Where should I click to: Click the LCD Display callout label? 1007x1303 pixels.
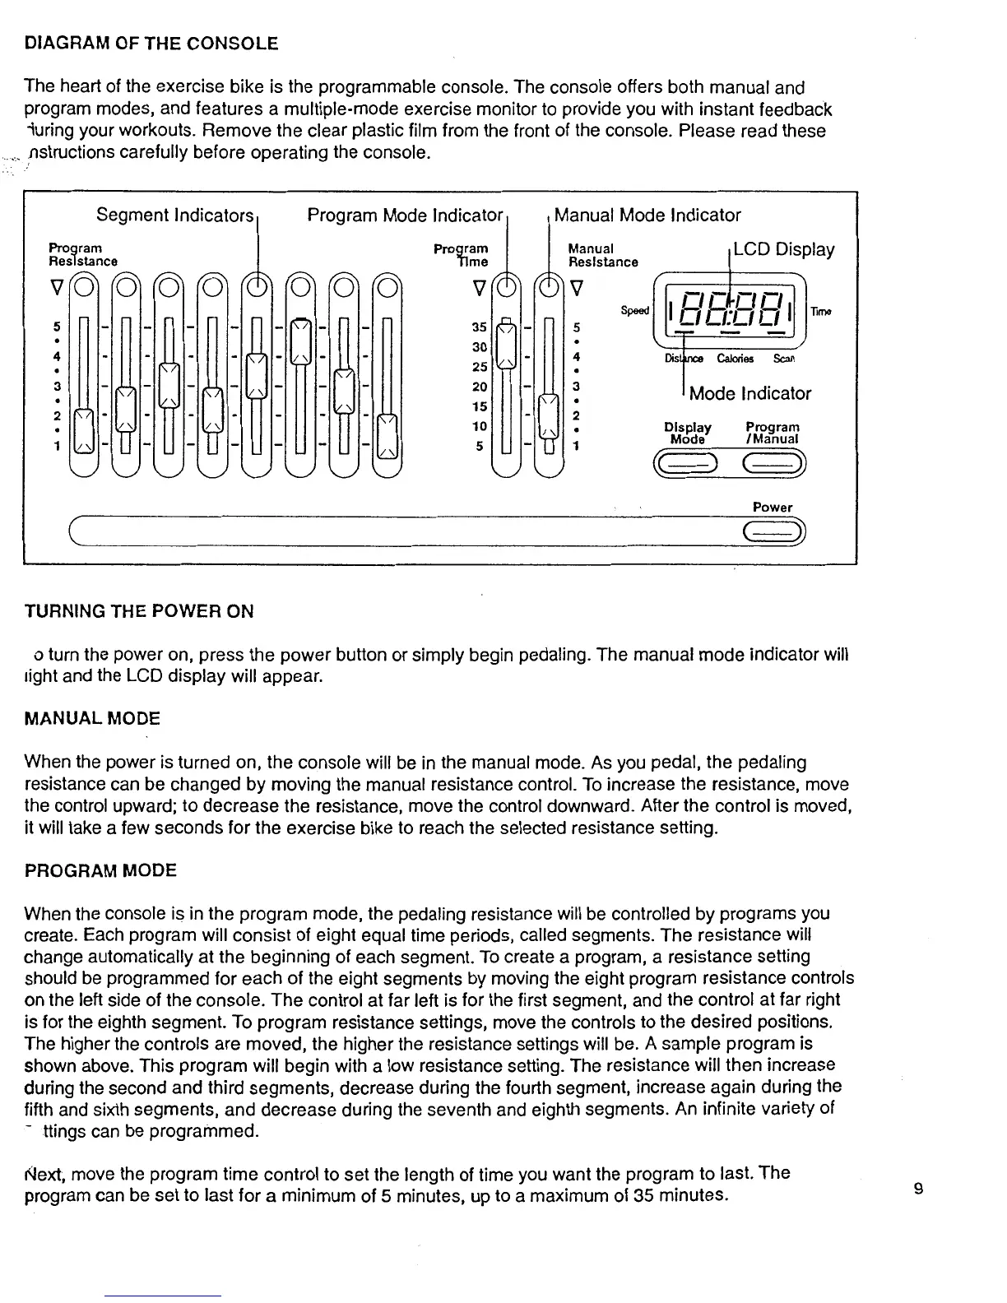pos(783,249)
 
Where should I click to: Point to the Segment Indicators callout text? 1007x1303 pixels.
pos(174,216)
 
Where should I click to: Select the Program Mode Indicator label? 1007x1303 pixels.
pos(404,216)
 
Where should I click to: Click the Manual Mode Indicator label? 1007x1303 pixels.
pos(647,216)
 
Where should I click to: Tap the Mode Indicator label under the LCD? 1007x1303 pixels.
pos(750,393)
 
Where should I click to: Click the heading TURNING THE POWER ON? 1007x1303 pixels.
pos(139,611)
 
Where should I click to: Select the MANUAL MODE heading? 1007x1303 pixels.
pos(92,719)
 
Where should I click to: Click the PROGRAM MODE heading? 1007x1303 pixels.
pos(100,870)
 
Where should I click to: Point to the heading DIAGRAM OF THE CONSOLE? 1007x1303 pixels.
pos(151,44)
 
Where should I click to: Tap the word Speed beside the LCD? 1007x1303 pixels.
pos(634,310)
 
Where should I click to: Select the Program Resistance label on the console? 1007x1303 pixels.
pos(82,254)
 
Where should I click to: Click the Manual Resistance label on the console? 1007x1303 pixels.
pos(603,255)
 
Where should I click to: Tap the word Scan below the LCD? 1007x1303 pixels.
pos(783,359)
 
